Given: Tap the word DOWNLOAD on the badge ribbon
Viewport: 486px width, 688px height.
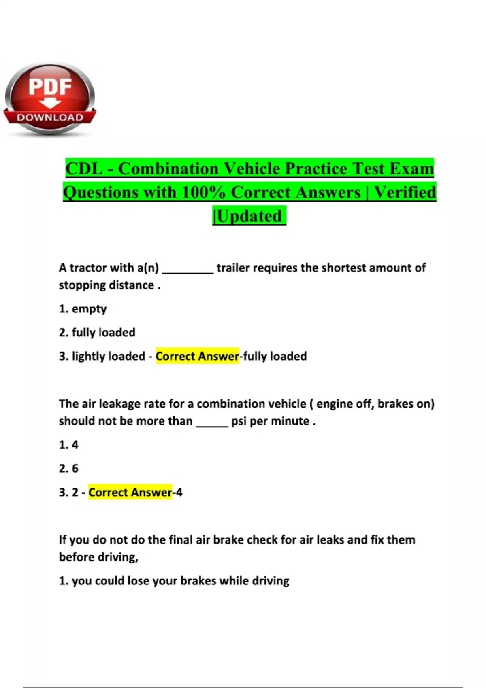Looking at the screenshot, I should tap(50, 118).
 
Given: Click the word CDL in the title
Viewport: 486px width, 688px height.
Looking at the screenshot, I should tap(84, 168).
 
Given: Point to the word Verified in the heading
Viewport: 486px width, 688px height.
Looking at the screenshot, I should tap(405, 192).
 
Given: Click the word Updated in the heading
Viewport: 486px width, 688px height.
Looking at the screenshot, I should tap(250, 216).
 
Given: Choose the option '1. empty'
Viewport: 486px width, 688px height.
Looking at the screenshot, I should tap(83, 309).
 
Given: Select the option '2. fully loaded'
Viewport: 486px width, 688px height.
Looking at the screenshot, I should tap(97, 332).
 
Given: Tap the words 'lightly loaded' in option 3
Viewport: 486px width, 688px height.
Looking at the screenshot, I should tap(108, 356).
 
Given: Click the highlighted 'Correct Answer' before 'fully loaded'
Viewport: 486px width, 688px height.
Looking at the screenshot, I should tap(197, 356).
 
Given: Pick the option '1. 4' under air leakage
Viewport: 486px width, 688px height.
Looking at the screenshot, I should tap(68, 445).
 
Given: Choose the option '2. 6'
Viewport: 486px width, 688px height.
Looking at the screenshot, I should tap(68, 468).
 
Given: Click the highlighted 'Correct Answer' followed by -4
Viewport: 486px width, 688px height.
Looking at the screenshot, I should tap(130, 492).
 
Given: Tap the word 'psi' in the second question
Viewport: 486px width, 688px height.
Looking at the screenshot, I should tap(239, 421).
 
